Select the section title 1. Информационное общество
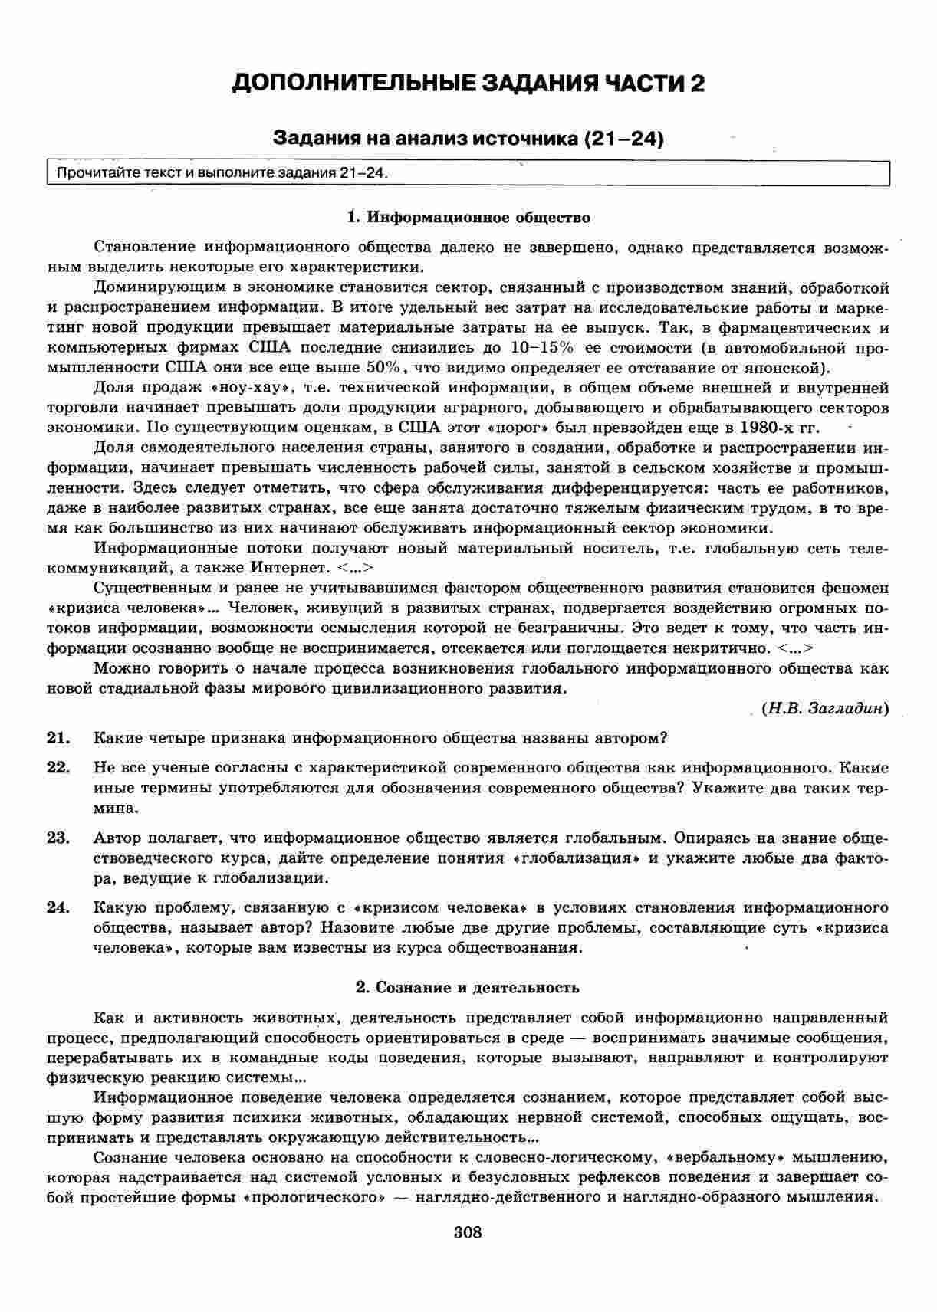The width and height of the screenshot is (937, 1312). tap(468, 218)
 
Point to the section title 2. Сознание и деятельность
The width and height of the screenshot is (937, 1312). tap(468, 987)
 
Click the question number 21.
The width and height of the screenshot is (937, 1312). tap(58, 738)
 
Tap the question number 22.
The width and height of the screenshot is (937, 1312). tap(58, 767)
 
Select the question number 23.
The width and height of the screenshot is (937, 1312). tap(58, 838)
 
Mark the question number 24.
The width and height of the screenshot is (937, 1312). tap(58, 908)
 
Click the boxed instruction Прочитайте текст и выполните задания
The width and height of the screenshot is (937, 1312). tap(218, 173)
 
